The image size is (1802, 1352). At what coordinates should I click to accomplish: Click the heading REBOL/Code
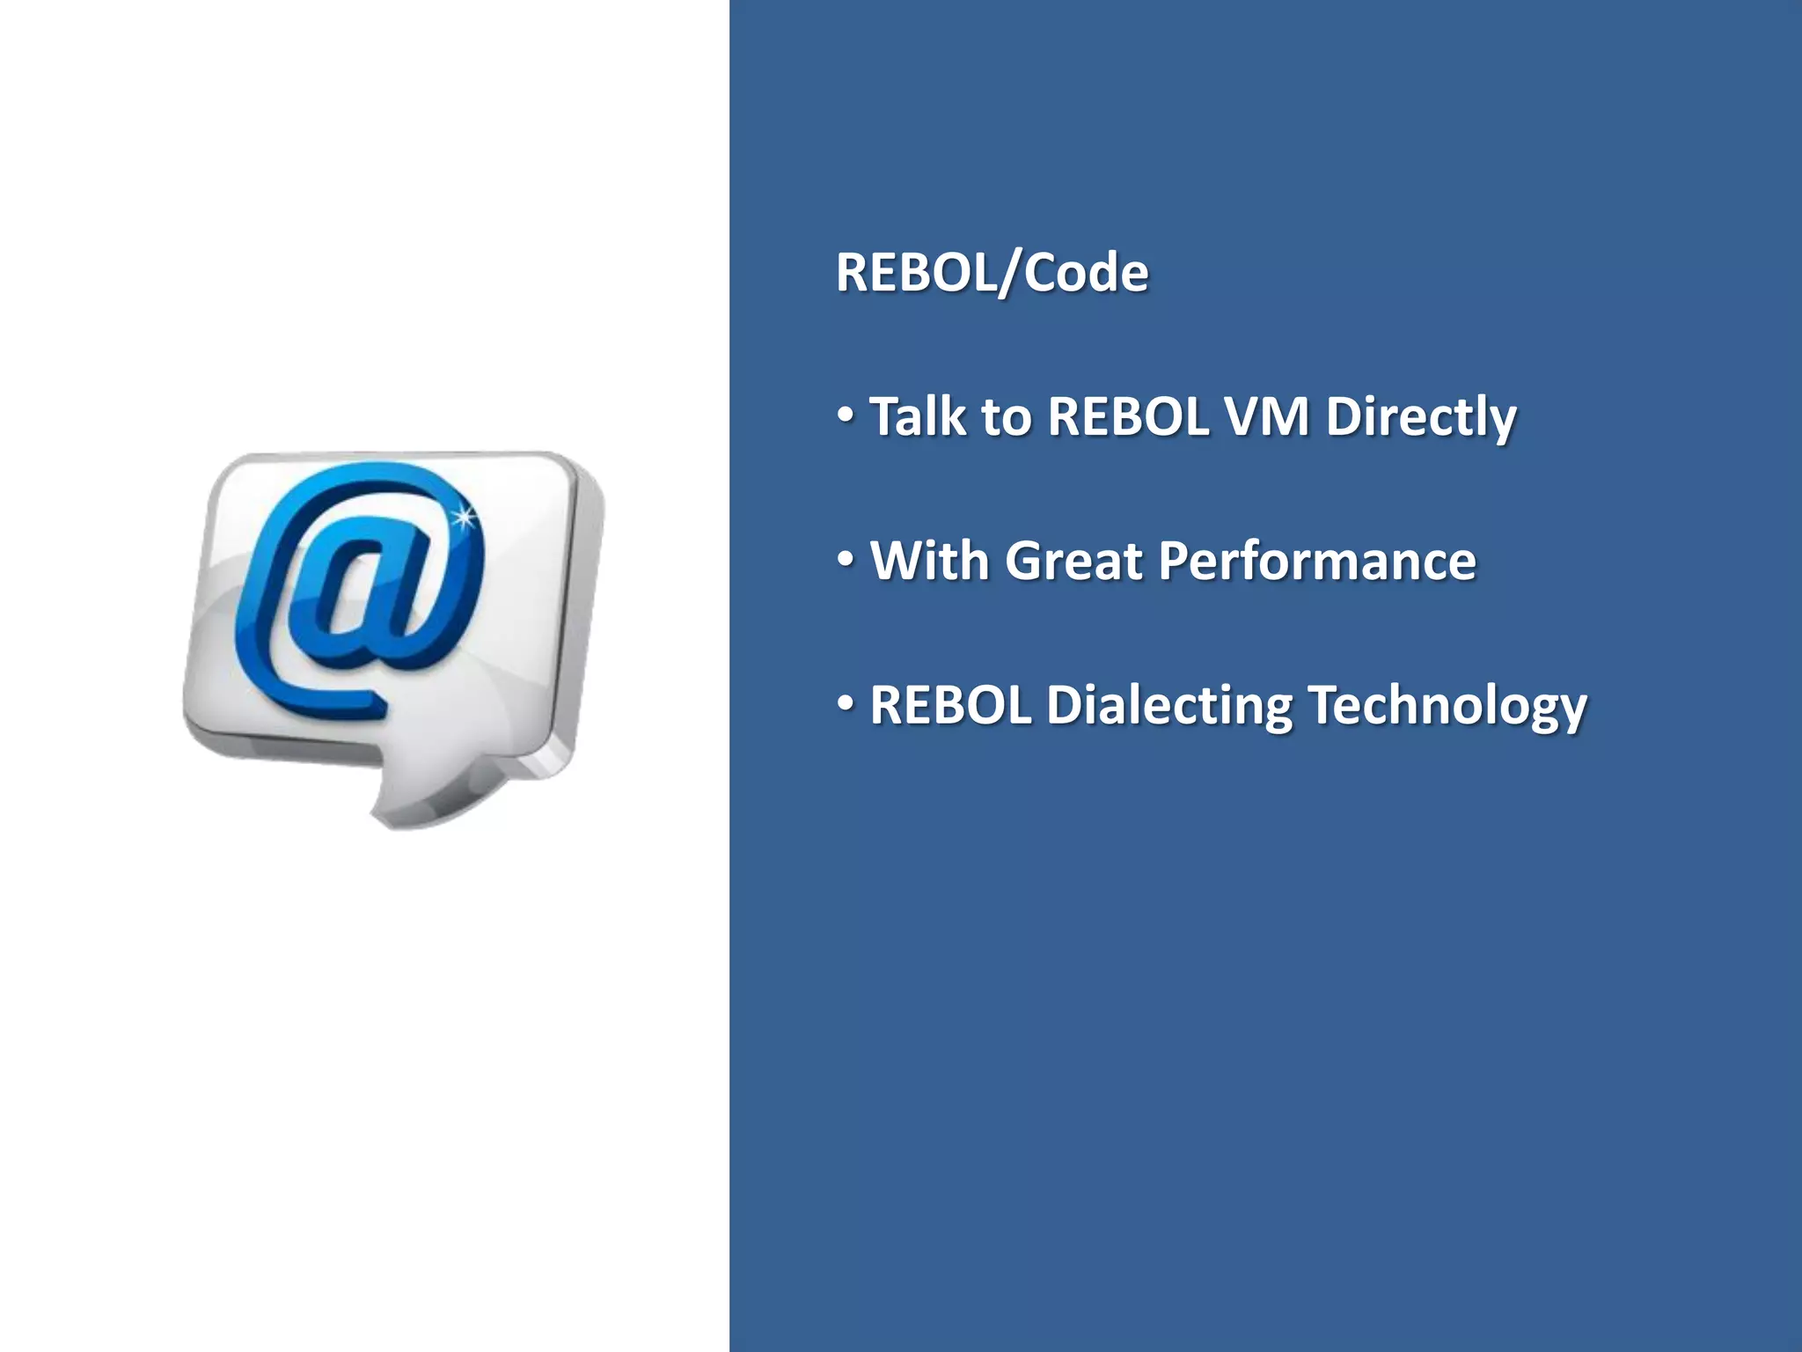(992, 272)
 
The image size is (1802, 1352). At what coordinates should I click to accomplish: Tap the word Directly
(1421, 417)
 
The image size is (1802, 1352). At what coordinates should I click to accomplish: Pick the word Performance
(1316, 562)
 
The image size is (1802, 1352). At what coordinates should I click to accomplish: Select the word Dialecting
(1169, 706)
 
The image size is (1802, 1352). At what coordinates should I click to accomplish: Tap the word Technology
(1447, 706)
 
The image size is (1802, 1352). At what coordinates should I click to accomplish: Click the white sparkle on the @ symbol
(463, 518)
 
